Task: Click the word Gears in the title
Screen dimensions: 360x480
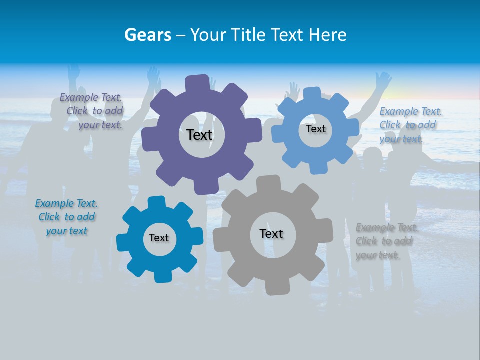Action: point(147,35)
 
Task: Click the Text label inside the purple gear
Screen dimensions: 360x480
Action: point(199,135)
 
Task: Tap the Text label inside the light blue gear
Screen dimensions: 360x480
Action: point(315,129)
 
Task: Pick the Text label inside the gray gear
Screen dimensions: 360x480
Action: point(271,233)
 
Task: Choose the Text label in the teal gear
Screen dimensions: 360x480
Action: point(159,238)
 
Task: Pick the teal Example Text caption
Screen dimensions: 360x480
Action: point(66,217)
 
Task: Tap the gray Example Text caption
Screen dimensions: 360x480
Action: point(385,241)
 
